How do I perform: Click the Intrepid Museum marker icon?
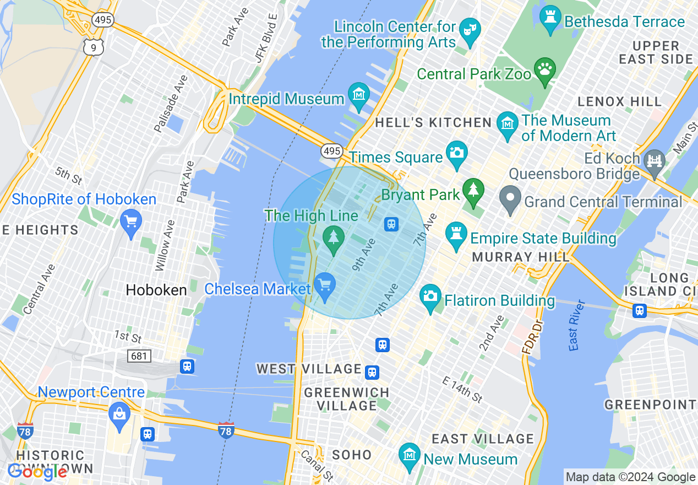pyautogui.click(x=359, y=94)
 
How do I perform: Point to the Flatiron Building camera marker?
pyautogui.click(x=430, y=296)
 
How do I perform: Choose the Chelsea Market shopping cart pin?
pyautogui.click(x=325, y=285)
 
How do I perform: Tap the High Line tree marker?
pyautogui.click(x=333, y=238)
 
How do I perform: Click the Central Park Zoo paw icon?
pyautogui.click(x=545, y=69)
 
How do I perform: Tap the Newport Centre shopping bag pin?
pyautogui.click(x=119, y=414)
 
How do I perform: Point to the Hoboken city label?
pyautogui.click(x=156, y=290)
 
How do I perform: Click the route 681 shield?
pyautogui.click(x=139, y=356)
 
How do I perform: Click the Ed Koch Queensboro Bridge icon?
pyautogui.click(x=655, y=161)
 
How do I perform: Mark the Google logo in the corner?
pyautogui.click(x=37, y=472)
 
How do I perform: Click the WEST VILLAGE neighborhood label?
pyautogui.click(x=308, y=369)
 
